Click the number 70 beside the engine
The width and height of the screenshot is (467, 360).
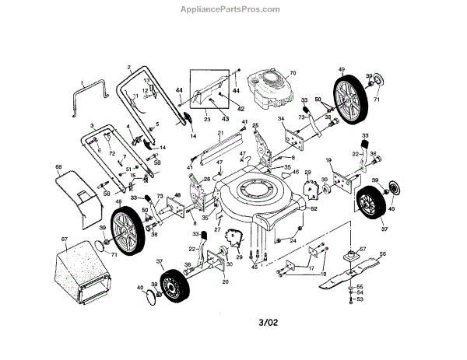coord(293,74)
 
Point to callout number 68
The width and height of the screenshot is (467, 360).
coord(58,166)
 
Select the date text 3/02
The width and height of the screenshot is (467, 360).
coord(268,321)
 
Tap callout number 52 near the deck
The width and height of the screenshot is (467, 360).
coord(314,208)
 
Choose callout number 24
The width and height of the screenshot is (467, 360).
coord(293,240)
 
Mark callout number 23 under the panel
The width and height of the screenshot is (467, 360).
coord(207,120)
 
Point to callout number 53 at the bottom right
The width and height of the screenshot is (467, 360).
coord(360,299)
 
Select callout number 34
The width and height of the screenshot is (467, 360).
coord(281,119)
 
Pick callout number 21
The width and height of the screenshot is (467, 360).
coord(220,133)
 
